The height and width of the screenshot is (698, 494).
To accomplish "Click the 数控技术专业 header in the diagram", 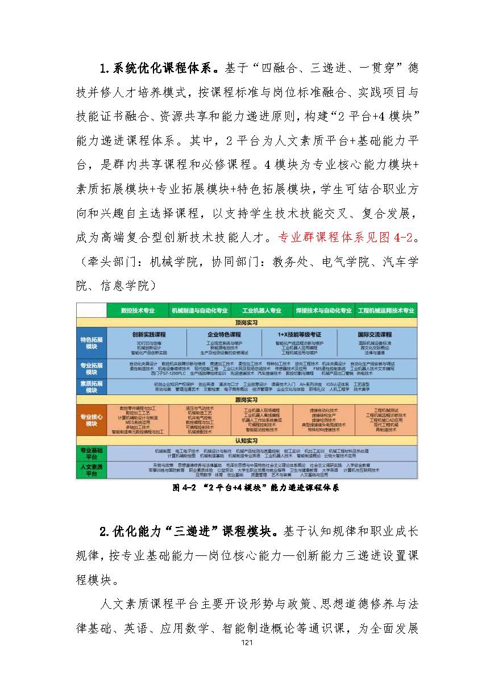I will pos(138,311).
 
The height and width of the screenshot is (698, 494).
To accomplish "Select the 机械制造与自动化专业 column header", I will pos(200,311).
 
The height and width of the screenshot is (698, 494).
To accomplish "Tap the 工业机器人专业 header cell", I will pos(262,311).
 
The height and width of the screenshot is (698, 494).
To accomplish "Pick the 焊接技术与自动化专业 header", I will pos(324,311).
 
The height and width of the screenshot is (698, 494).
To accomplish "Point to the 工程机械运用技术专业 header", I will pos(387,311).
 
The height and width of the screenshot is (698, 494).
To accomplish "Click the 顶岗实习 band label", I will pos(247,322).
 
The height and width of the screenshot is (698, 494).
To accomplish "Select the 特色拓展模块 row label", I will pos(91,343).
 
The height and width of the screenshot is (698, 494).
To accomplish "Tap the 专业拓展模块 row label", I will pos(91,368).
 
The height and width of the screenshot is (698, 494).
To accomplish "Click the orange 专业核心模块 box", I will pos(91,421).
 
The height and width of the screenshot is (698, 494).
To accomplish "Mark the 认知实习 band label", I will pos(247,441).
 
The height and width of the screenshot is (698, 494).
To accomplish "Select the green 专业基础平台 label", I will pos(91,453).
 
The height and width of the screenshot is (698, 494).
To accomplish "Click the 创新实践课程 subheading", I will pos(149,335).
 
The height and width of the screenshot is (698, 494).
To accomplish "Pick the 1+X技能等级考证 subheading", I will pos(300,335).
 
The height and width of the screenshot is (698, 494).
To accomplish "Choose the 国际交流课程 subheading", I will pos(375,335).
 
